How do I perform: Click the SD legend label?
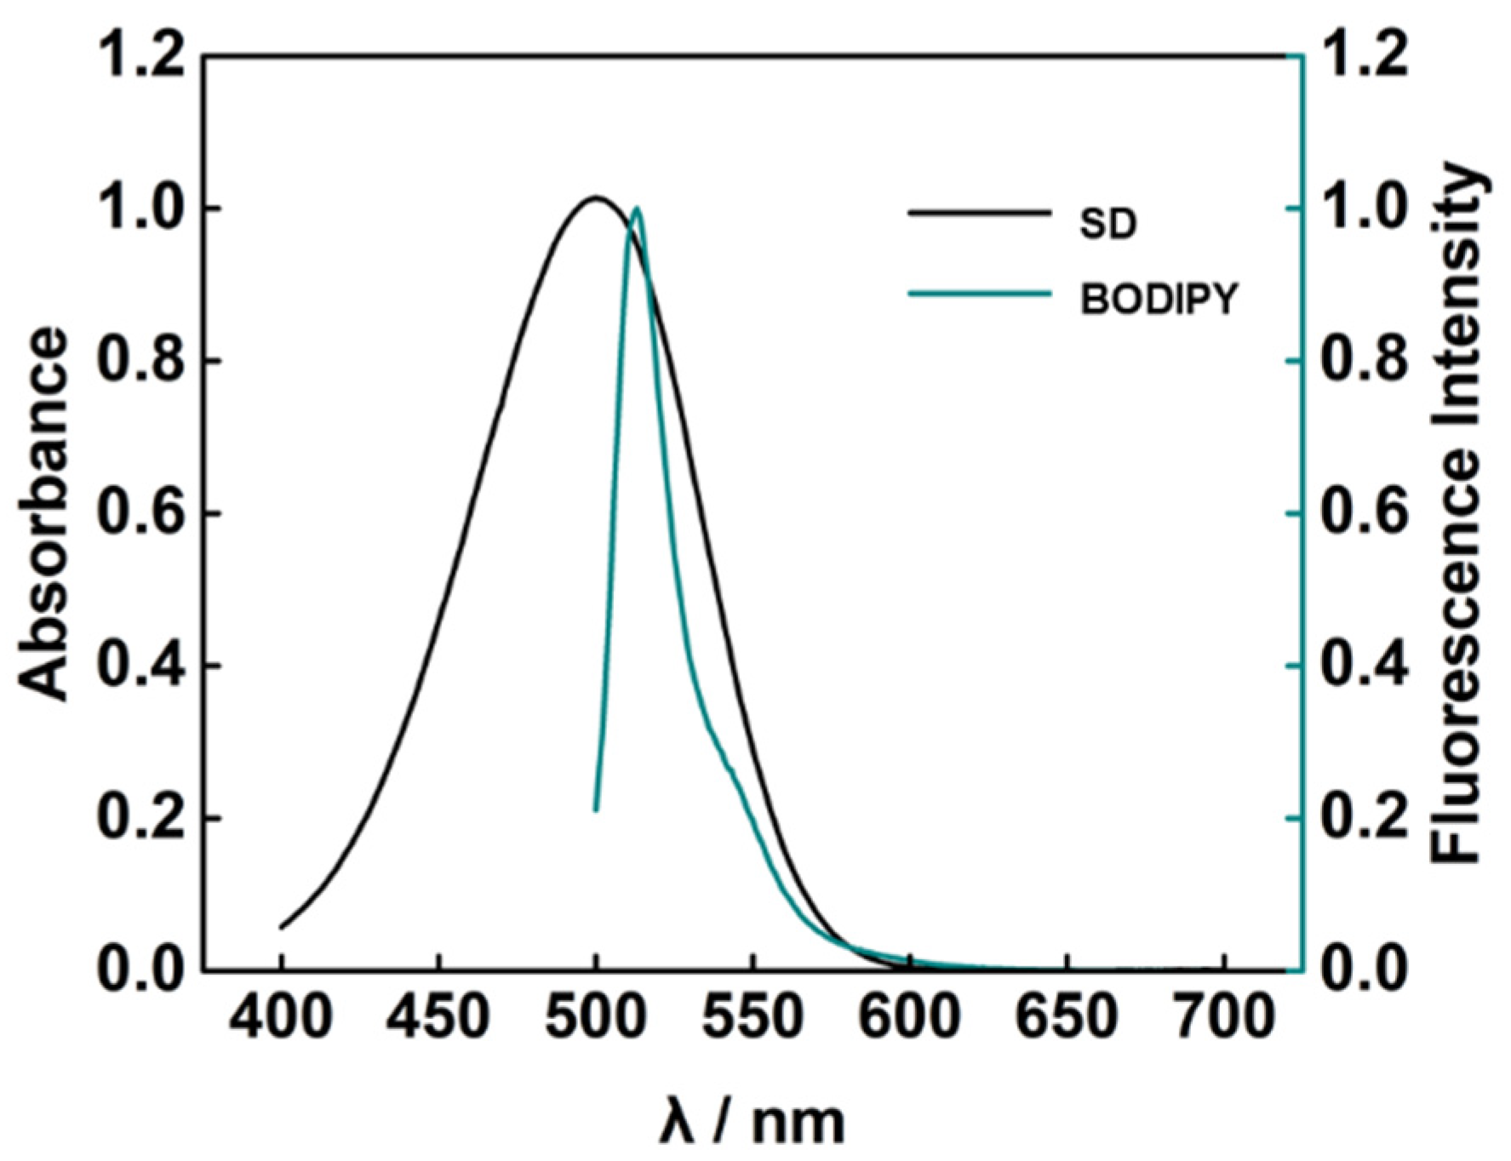(x=1108, y=224)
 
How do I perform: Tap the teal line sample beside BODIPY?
(x=980, y=295)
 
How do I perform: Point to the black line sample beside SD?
(x=980, y=213)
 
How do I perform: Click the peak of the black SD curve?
(x=596, y=198)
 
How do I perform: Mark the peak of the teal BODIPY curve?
(x=637, y=208)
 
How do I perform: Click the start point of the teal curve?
(x=596, y=809)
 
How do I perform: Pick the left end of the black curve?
(x=282, y=927)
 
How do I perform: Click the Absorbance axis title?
(x=43, y=515)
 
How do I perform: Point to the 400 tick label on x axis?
(x=282, y=1017)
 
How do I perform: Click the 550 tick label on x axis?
(x=753, y=1017)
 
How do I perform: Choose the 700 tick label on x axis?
(x=1223, y=1017)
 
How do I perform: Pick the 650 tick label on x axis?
(x=1067, y=1017)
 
